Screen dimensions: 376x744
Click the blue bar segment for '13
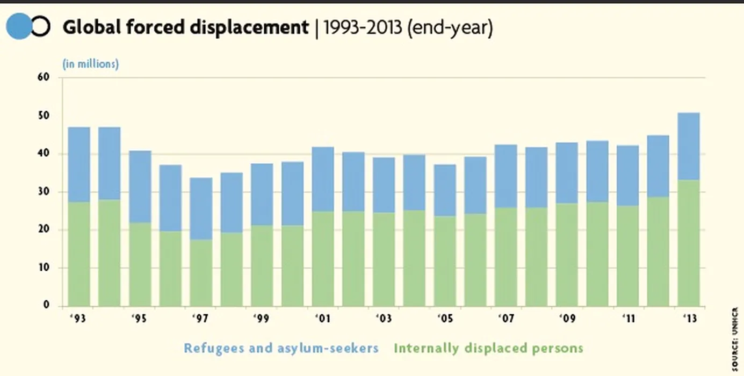[689, 146]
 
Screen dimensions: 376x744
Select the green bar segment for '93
[79, 254]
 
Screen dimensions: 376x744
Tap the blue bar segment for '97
[201, 208]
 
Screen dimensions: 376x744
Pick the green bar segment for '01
[323, 258]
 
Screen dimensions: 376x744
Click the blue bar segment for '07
[506, 176]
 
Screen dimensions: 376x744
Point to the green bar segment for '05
[445, 261]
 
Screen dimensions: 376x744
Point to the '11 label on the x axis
[627, 319]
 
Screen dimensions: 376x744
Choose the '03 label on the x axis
[383, 319]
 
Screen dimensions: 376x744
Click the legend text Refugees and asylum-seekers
[281, 348]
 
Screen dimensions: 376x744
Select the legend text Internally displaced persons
[488, 348]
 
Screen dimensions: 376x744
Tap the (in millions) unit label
[90, 64]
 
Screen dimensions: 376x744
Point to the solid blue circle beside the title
[18, 26]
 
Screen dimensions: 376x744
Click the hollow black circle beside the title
[40, 26]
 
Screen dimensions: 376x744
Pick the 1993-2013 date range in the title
[363, 27]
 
